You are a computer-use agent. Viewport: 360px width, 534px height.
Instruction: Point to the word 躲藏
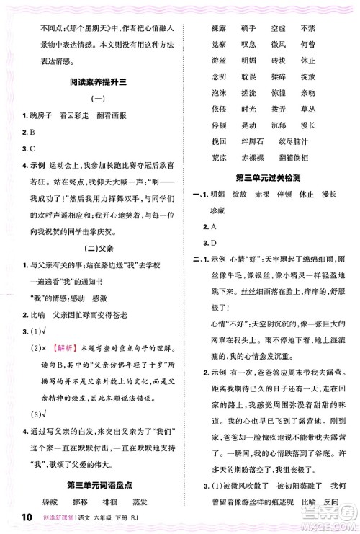tap(37, 502)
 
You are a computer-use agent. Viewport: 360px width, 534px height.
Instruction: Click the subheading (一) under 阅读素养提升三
tap(95, 99)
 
